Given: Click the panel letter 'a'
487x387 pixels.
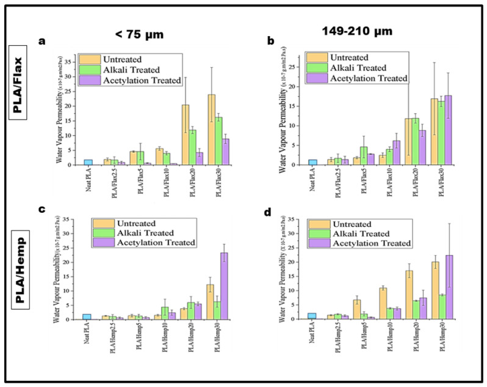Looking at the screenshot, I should click(42, 42).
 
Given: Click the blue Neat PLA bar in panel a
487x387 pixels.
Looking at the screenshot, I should click(88, 162).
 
